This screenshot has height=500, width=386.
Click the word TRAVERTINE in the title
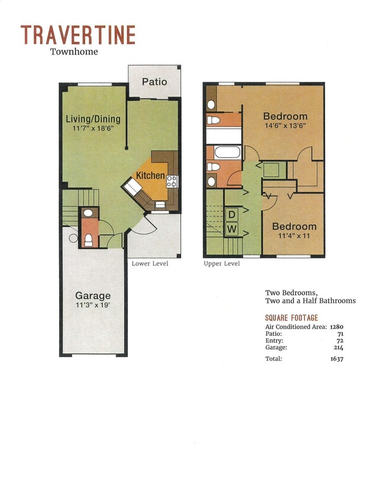click(x=78, y=35)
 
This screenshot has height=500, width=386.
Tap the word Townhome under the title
click(x=74, y=52)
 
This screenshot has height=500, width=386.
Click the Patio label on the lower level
click(x=155, y=82)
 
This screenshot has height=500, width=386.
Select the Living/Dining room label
click(x=93, y=118)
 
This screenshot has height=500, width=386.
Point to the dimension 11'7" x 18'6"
click(x=93, y=128)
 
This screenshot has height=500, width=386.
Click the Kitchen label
click(x=150, y=175)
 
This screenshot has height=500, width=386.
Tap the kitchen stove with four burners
click(x=172, y=181)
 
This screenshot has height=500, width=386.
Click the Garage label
click(x=92, y=296)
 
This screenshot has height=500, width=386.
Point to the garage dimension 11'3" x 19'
click(x=92, y=305)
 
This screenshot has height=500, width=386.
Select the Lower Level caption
click(x=150, y=264)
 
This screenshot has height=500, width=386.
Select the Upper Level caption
click(x=222, y=264)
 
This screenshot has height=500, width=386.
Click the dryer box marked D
click(x=232, y=214)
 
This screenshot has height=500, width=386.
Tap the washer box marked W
click(x=232, y=228)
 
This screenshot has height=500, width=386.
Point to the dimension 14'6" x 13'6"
click(x=285, y=126)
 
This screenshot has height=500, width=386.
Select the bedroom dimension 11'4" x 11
click(x=294, y=236)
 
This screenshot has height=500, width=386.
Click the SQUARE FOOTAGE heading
click(x=291, y=318)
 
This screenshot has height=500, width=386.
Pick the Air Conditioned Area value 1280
click(x=336, y=327)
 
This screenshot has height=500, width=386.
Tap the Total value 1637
click(x=337, y=358)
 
